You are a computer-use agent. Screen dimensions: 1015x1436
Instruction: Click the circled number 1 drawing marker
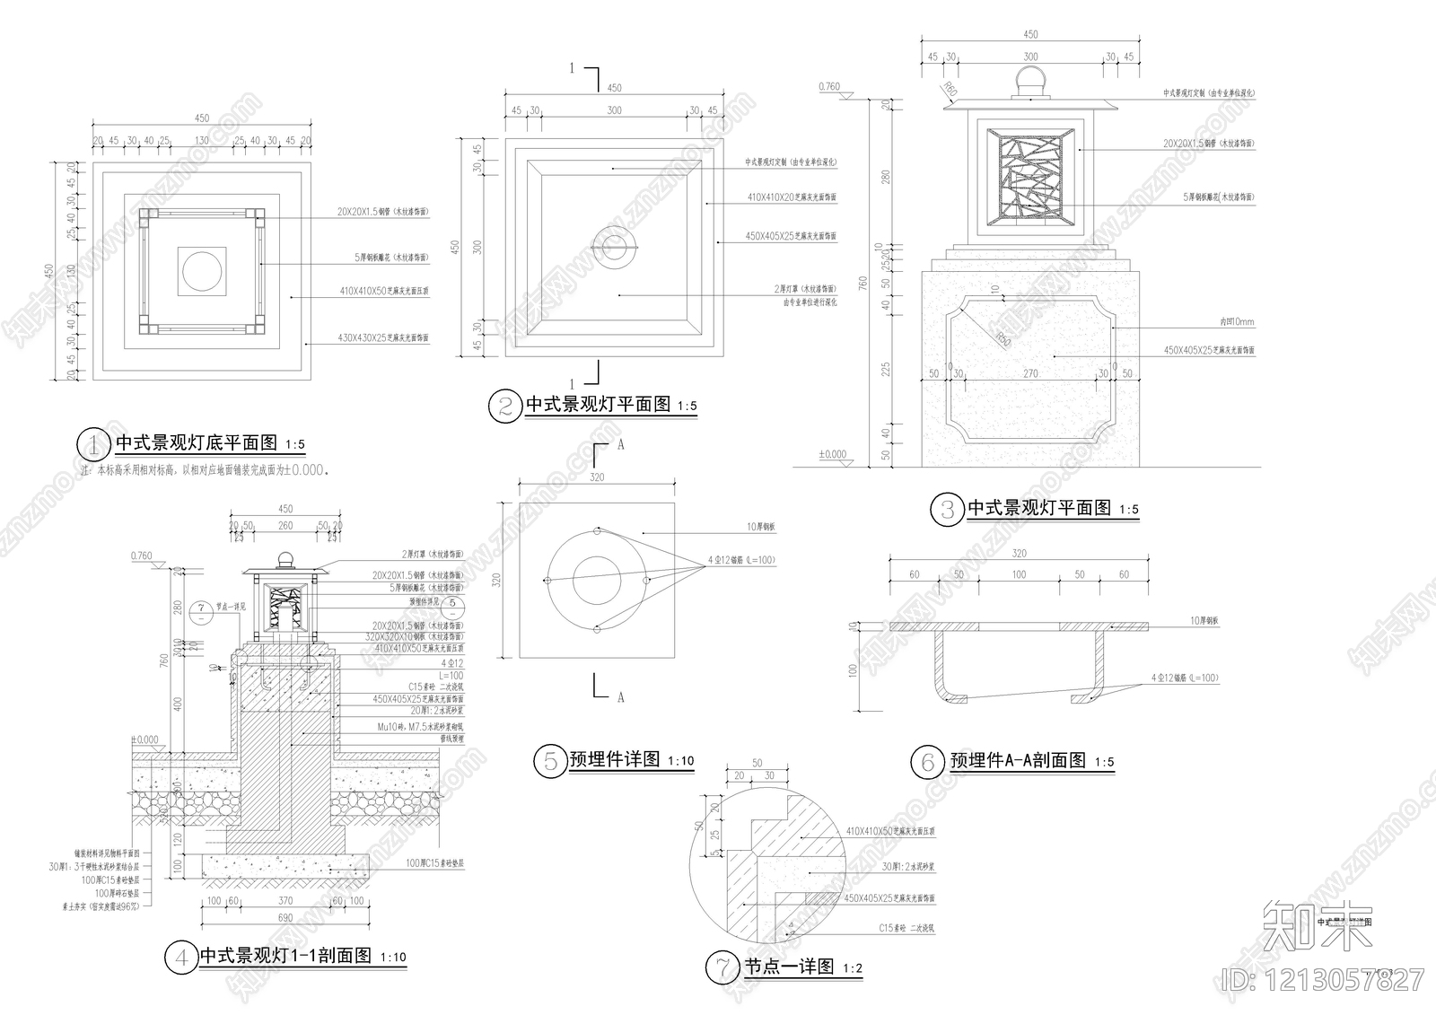pos(92,443)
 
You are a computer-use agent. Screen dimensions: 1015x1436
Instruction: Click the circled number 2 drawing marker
pos(504,406)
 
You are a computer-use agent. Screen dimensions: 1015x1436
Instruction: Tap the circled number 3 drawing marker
pos(947,510)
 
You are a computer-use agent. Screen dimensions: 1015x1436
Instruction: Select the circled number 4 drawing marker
pos(180,957)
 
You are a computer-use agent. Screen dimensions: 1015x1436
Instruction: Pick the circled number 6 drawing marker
pos(928,762)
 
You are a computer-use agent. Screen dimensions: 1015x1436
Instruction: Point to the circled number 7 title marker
pos(722,967)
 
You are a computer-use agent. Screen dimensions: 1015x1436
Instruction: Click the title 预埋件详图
pos(615,760)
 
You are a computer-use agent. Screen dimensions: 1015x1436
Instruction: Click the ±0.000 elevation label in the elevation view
pos(832,455)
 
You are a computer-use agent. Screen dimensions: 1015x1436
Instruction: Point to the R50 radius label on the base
pos(1002,339)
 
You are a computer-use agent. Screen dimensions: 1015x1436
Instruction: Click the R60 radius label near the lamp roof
pos(949,88)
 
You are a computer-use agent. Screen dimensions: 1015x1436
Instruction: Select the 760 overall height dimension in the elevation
pos(862,284)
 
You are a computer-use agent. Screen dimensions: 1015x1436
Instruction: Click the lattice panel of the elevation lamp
pos(1030,176)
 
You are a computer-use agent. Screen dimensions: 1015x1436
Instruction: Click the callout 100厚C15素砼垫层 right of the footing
pos(434,862)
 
